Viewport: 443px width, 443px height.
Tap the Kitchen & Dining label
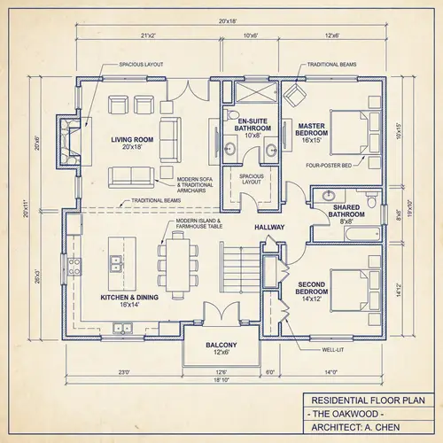129,302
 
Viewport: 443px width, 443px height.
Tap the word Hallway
269,228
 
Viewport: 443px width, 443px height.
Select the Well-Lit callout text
335,350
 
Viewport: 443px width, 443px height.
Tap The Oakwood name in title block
345,415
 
